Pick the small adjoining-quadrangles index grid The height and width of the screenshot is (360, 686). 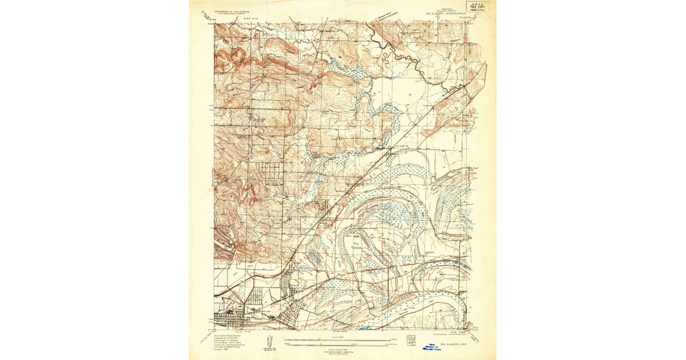tap(411, 340)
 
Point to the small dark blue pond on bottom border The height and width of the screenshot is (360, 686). tap(364, 328)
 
